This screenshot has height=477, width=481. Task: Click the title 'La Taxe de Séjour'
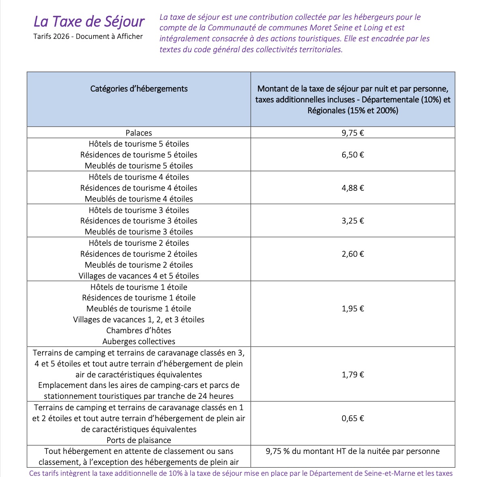click(89, 21)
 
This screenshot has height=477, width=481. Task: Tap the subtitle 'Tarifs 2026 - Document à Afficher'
click(88, 36)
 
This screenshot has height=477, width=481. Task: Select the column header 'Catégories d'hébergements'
click(139, 89)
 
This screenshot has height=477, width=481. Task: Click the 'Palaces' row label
click(139, 133)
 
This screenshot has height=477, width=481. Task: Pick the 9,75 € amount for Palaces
click(353, 133)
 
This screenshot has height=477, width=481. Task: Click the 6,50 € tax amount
click(353, 155)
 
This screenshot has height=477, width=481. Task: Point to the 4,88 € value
click(353, 188)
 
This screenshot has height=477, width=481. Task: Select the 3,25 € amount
click(353, 221)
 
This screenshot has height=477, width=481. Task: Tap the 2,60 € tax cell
click(353, 254)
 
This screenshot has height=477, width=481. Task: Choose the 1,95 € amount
click(353, 309)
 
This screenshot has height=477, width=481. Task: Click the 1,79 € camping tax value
click(353, 375)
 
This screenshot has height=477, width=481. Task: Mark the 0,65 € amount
click(353, 418)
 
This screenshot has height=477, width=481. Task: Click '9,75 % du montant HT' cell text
click(353, 451)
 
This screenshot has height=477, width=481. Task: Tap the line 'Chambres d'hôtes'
click(139, 330)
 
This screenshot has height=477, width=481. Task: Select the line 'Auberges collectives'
click(139, 341)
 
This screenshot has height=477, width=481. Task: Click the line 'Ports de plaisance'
click(139, 440)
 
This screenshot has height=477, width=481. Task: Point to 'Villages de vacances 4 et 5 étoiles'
click(139, 276)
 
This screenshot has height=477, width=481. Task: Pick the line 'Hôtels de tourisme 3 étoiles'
click(139, 210)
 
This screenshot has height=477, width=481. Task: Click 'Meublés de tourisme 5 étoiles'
click(139, 166)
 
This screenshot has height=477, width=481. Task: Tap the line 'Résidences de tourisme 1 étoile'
click(139, 298)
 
